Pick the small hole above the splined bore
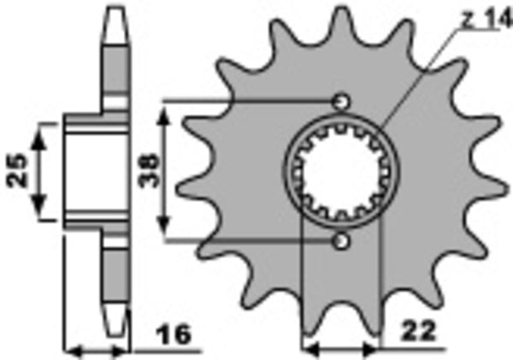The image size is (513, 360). (342, 101)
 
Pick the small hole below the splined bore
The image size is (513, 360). (342, 242)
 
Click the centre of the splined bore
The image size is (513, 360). (342, 171)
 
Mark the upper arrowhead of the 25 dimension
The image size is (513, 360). (38, 128)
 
